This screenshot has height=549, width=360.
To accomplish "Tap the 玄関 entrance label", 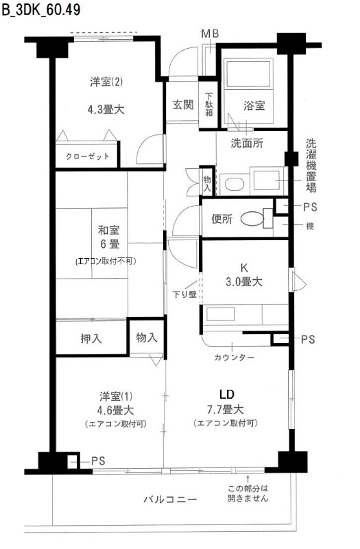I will [182, 105].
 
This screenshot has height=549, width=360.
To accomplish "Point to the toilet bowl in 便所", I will [255, 220].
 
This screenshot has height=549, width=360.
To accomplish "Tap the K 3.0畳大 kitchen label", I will [245, 274].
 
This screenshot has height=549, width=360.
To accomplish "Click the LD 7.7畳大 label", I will [226, 404].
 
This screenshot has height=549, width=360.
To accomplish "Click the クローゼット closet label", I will [87, 156].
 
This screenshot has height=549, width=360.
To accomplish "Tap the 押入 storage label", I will [91, 338].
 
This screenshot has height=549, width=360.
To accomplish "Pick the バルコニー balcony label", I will [171, 499].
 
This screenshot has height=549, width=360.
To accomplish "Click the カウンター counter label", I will [235, 358].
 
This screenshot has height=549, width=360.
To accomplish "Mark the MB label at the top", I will [209, 34].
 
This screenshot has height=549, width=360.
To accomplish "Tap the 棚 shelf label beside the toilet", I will [310, 226].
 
